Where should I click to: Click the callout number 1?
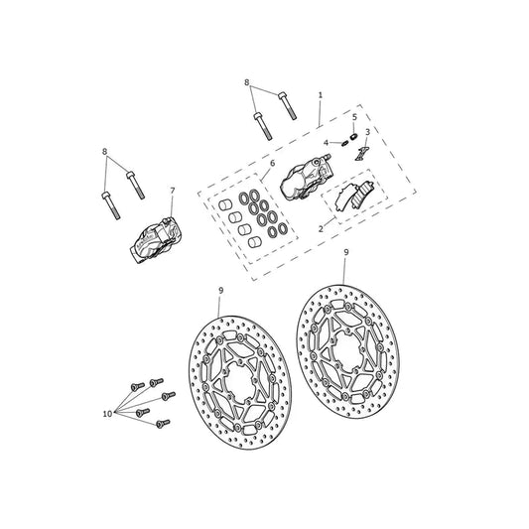pyautogui.click(x=321, y=95)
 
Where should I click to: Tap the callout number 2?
pyautogui.click(x=321, y=228)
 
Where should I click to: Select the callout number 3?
pyautogui.click(x=367, y=132)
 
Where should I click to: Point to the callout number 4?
pyautogui.click(x=326, y=143)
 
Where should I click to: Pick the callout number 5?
pyautogui.click(x=354, y=117)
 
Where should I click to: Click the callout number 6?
pyautogui.click(x=272, y=164)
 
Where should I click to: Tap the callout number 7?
pyautogui.click(x=173, y=191)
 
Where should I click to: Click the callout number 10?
pyautogui.click(x=107, y=414)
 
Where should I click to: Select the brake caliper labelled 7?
pyautogui.click(x=155, y=240)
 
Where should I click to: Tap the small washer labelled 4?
pyautogui.click(x=344, y=143)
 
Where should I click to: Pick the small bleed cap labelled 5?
pyautogui.click(x=353, y=137)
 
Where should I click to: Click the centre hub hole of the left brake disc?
pyautogui.click(x=239, y=380)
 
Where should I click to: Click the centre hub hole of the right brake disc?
pyautogui.click(x=347, y=350)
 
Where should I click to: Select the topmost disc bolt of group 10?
pyautogui.click(x=156, y=382)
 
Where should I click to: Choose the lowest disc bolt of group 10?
pyautogui.click(x=164, y=424)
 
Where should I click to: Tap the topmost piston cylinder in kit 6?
pyautogui.click(x=224, y=204)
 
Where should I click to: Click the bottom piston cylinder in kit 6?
pyautogui.click(x=254, y=242)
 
